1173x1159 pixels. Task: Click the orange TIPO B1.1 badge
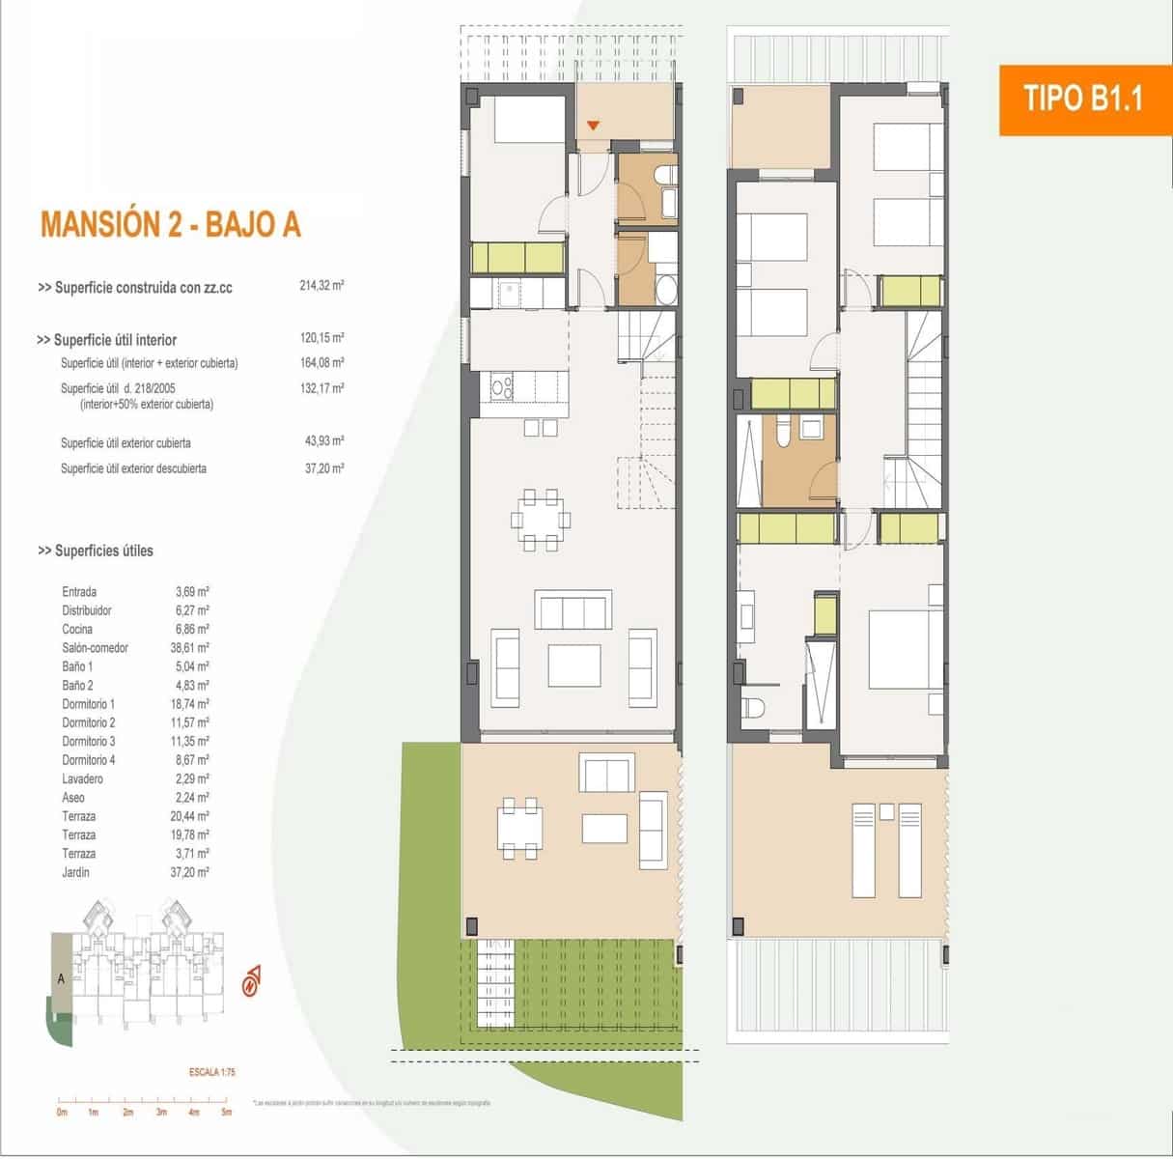point(1082,99)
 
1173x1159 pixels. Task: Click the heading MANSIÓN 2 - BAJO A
point(170,224)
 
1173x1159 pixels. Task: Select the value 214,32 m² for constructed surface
point(321,287)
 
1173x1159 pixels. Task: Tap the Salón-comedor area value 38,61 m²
point(189,648)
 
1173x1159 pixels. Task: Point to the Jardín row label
point(75,872)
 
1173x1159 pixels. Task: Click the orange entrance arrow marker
point(594,125)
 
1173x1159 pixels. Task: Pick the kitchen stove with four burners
point(502,387)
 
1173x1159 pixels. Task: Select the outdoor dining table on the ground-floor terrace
point(518,826)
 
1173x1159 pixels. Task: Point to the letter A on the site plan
point(61,978)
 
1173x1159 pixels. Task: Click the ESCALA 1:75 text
point(212,1072)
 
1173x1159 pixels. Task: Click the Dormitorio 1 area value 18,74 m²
point(189,704)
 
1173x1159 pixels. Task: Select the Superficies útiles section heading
point(96,551)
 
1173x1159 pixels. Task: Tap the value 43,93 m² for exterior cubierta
point(323,442)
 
